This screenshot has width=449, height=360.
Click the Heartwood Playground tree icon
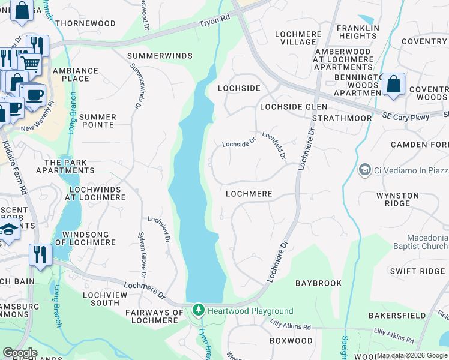(199, 310)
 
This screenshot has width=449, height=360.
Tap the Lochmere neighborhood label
(249, 194)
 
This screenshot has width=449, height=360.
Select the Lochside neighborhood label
(239, 88)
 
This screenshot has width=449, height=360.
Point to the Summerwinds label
(160, 56)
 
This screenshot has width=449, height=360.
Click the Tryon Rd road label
(215, 24)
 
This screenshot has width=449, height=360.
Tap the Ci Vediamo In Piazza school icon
(364, 171)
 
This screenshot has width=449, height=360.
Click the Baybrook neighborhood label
(319, 283)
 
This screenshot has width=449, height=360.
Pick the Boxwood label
(291, 341)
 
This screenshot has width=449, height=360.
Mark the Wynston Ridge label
(397, 199)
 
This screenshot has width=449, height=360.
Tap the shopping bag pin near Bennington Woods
(394, 85)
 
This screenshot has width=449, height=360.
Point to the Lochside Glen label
(294, 106)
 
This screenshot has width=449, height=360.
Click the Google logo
(20, 353)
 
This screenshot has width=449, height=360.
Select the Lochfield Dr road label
(274, 146)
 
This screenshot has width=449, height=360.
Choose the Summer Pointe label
(97, 121)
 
